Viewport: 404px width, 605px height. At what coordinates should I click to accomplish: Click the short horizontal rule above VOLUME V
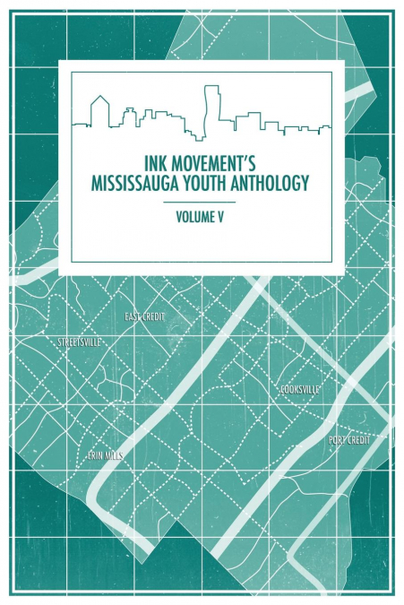point(202,203)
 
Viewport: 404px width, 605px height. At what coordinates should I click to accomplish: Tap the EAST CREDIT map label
point(145,317)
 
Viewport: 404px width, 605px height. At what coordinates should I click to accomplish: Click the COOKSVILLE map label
point(299,390)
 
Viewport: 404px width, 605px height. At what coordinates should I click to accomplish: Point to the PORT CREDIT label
point(348,440)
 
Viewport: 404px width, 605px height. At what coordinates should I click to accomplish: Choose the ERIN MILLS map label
point(105,455)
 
